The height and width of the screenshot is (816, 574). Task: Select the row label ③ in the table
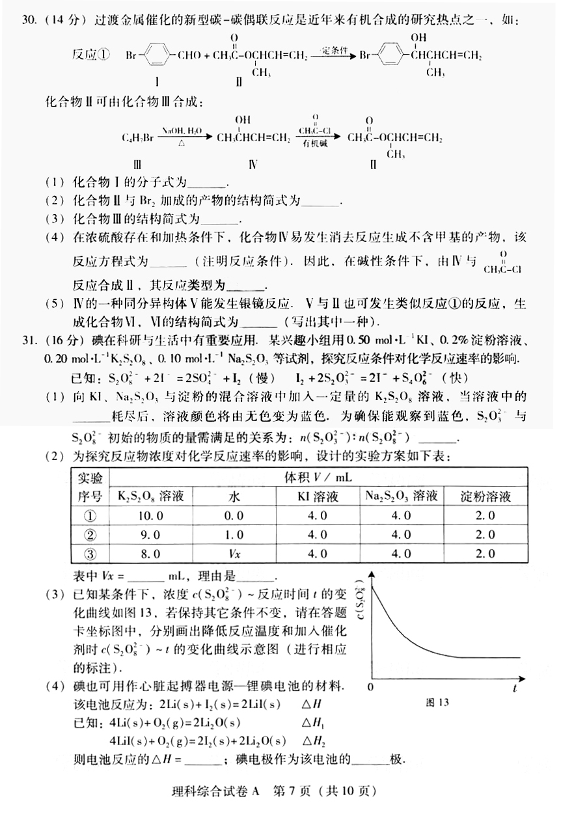90,554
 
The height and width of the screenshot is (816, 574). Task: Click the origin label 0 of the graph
370,687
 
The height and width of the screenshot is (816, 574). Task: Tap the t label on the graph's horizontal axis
514,687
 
